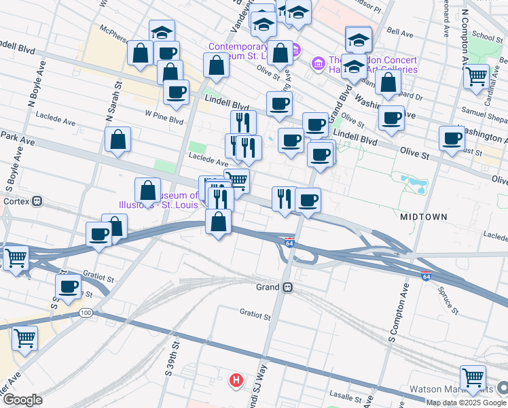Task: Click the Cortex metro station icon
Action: pyautogui.click(x=37, y=201)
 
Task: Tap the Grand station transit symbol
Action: pyautogui.click(x=288, y=287)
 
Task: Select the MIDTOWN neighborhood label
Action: pyautogui.click(x=423, y=216)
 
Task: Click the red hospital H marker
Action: pyautogui.click(x=236, y=379)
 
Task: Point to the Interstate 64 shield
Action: pyautogui.click(x=289, y=241)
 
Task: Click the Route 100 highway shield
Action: pyautogui.click(x=85, y=313)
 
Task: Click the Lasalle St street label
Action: pyautogui.click(x=350, y=396)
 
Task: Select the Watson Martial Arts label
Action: pyautogui.click(x=452, y=390)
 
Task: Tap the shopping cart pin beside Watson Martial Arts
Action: pyautogui.click(x=473, y=377)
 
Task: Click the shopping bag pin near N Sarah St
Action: pyautogui.click(x=118, y=139)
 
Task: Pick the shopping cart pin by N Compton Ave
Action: pyautogui.click(x=476, y=75)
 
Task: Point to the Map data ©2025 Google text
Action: pyautogui.click(x=466, y=403)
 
